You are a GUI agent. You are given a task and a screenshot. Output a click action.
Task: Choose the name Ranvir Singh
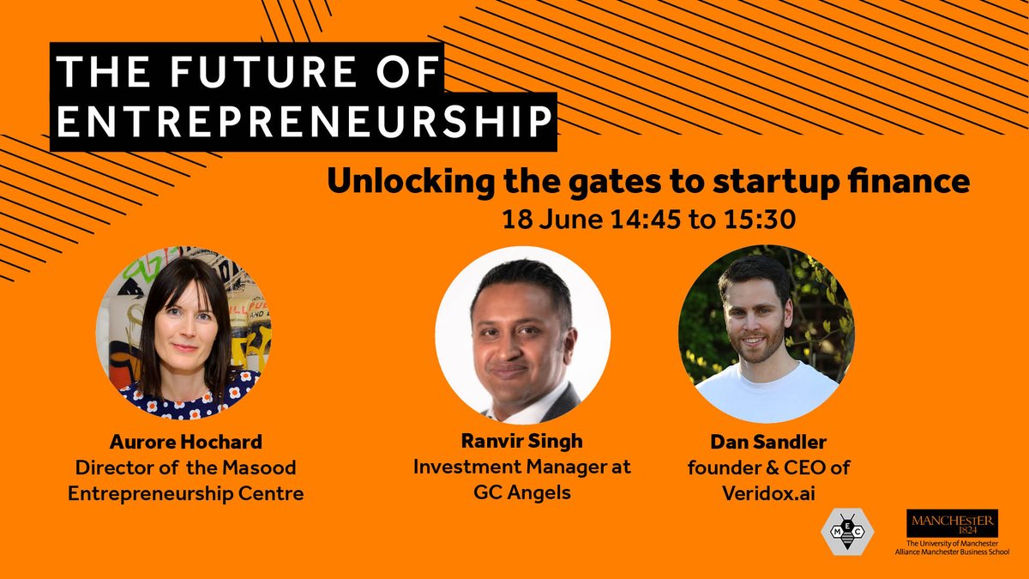pos(521,443)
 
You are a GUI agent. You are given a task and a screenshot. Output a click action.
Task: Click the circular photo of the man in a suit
pos(523,335)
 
